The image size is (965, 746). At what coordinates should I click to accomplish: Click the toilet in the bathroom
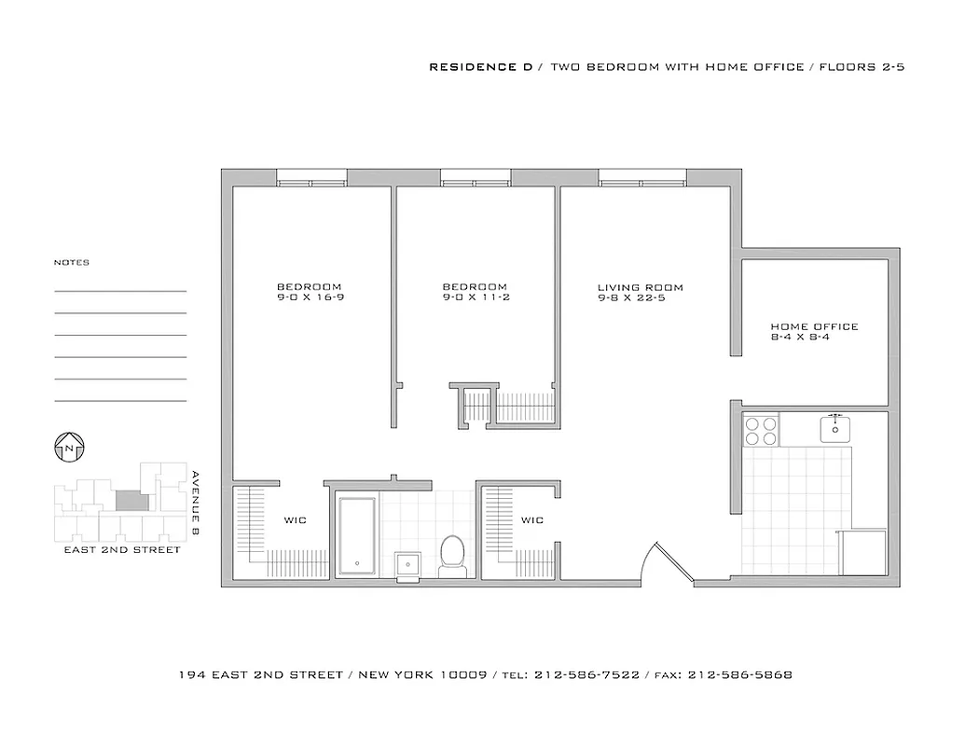[x=452, y=553]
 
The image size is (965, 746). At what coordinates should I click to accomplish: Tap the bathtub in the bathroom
[x=357, y=536]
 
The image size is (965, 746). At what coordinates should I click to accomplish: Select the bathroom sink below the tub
[x=407, y=565]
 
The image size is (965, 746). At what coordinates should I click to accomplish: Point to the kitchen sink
[x=835, y=429]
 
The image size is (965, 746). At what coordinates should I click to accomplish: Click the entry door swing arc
[x=669, y=564]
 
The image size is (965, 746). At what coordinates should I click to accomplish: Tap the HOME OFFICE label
[x=814, y=326]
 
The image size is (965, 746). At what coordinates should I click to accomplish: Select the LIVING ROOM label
[x=640, y=287]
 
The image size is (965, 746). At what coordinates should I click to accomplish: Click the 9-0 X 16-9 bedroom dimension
[x=309, y=297]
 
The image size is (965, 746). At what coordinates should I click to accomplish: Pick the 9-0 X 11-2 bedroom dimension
[x=475, y=297]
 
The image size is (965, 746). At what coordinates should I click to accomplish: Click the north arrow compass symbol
[x=70, y=448]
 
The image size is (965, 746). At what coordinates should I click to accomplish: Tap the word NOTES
[x=72, y=263]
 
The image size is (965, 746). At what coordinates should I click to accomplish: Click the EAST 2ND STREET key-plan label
[x=121, y=550]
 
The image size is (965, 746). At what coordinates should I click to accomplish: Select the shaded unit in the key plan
[x=131, y=501]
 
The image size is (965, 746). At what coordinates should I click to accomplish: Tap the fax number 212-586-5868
[x=739, y=674]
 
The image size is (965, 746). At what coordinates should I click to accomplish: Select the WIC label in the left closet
[x=295, y=519]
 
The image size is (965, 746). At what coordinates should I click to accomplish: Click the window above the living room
[x=642, y=177]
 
